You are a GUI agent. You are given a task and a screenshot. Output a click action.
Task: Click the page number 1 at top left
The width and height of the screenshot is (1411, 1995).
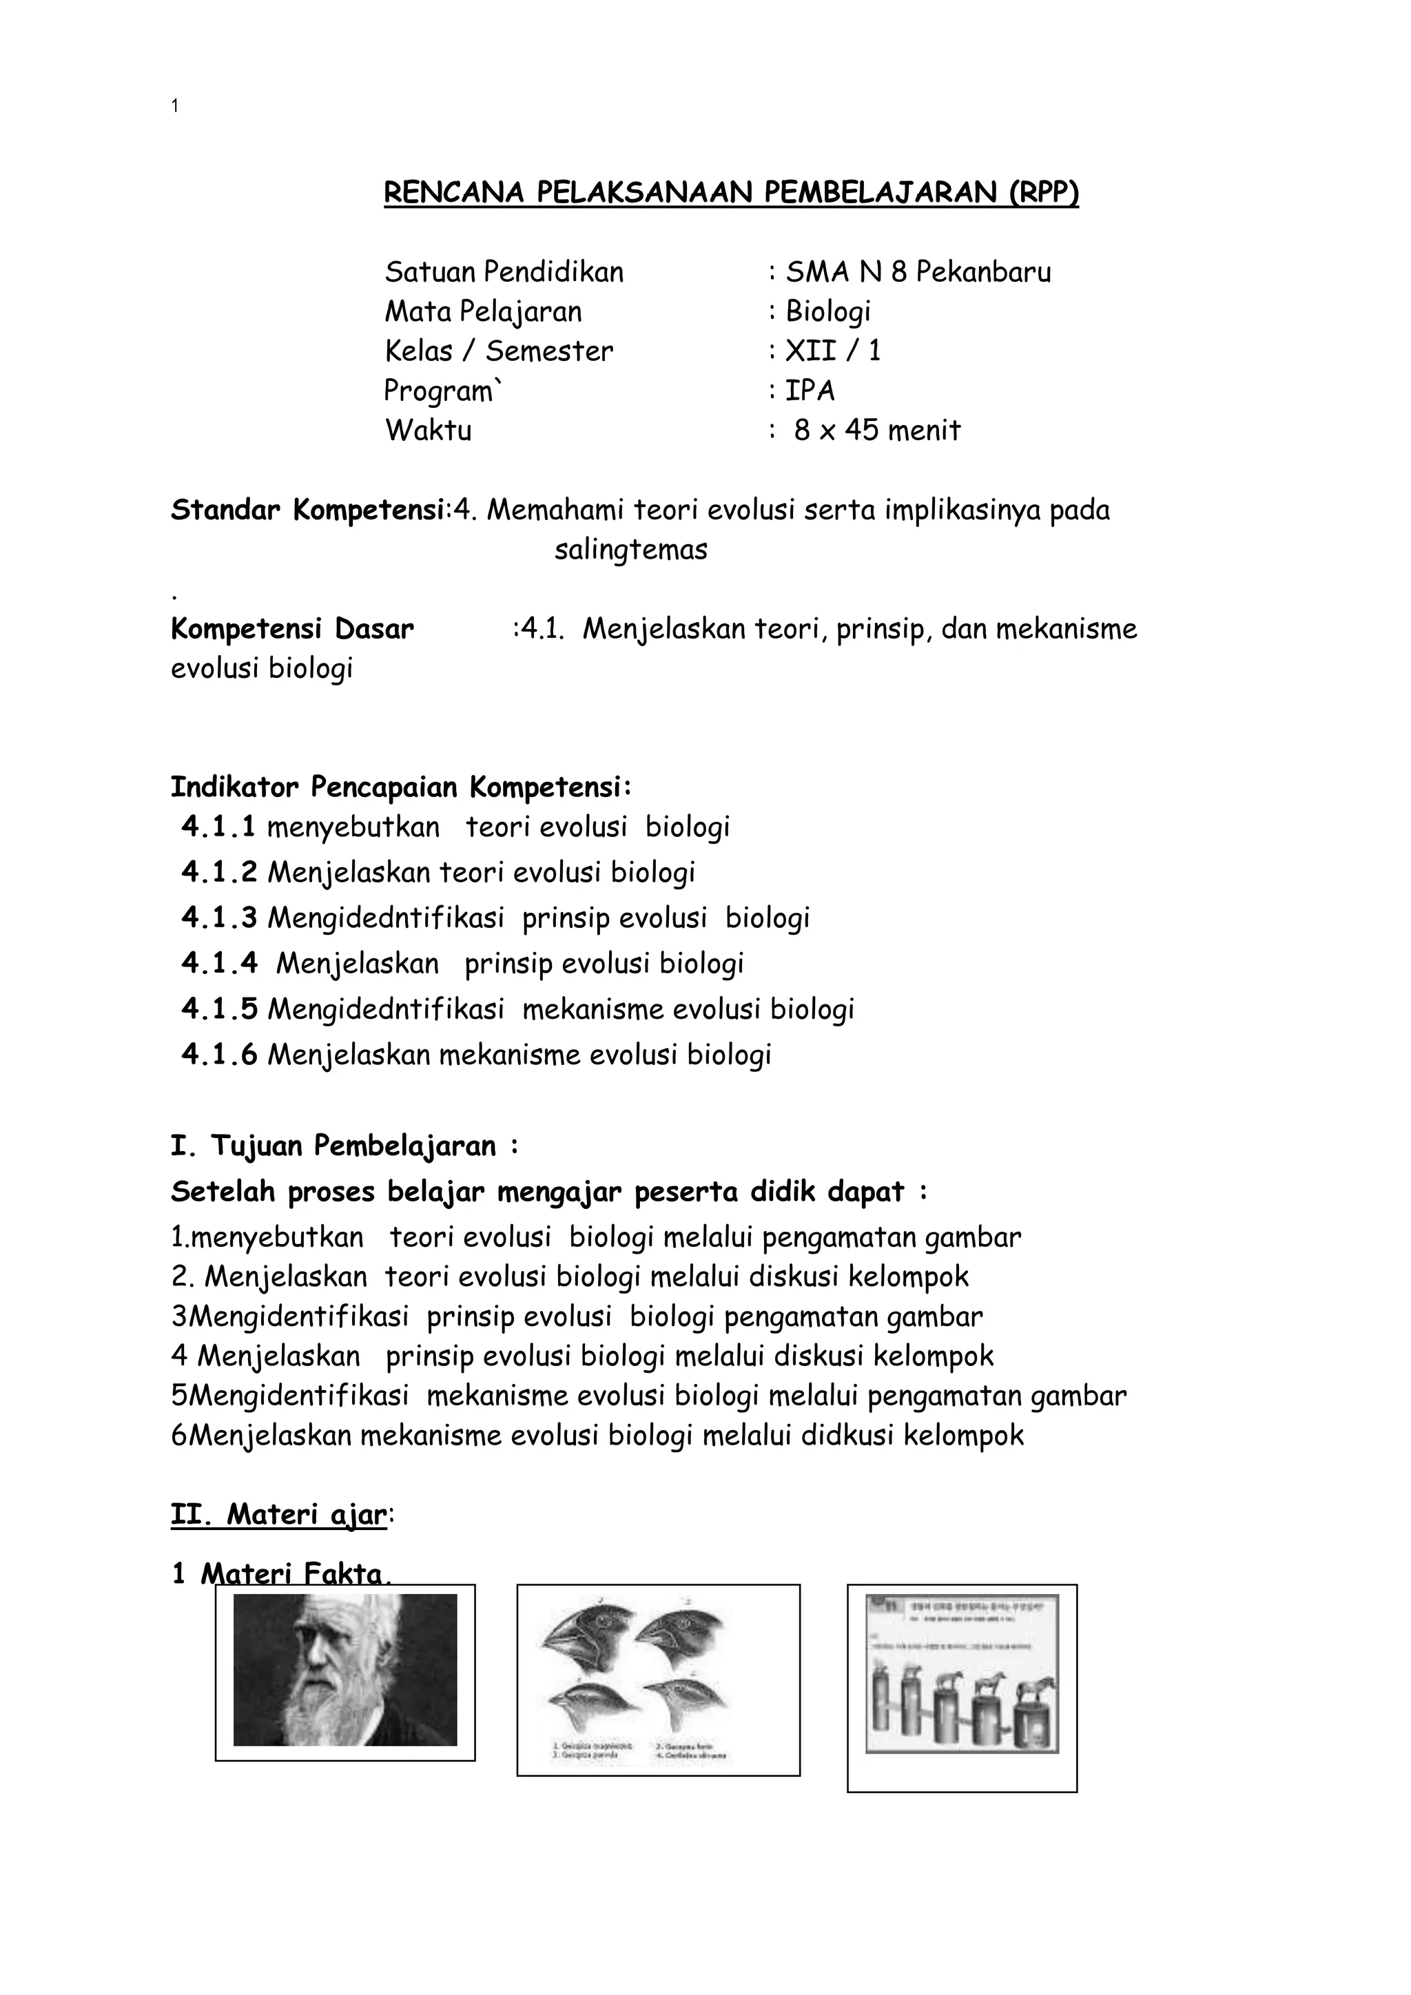coord(176,106)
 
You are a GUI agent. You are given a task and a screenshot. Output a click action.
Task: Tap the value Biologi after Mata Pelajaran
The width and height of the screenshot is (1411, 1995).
coord(827,311)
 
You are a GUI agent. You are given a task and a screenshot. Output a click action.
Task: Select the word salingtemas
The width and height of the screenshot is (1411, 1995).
coord(631,549)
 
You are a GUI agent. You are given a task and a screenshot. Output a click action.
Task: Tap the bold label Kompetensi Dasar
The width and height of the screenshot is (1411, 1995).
coord(292,628)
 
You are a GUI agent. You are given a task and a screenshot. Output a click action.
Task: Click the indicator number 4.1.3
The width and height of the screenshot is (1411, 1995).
coord(219,918)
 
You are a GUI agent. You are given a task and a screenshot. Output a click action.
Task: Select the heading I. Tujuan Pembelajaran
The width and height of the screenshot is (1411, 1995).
coord(343,1146)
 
